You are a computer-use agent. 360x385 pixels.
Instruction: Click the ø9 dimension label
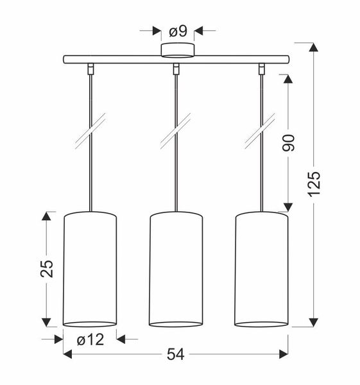[178, 31]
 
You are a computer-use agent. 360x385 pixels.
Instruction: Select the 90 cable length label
[287, 143]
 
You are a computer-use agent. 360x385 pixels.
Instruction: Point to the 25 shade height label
[47, 269]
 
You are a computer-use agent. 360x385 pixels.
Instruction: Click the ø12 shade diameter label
[90, 340]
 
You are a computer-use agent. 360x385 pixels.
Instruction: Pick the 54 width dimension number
[176, 355]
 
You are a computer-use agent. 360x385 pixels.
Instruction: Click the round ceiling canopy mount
[178, 51]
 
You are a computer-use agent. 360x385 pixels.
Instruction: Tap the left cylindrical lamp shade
[90, 269]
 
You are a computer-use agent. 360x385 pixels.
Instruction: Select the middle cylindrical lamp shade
[176, 269]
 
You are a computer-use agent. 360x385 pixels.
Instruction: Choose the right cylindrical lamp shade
[262, 269]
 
